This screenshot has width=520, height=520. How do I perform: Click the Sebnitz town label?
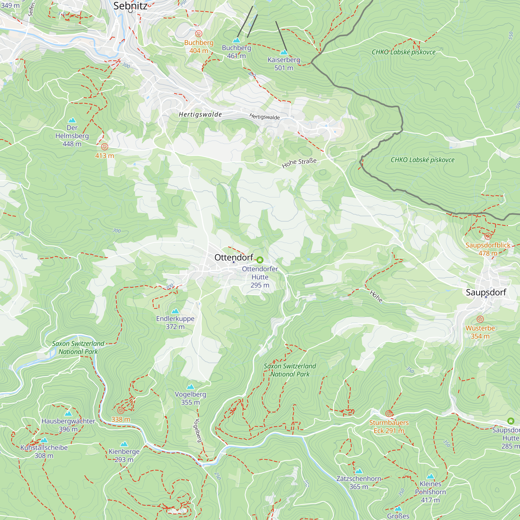(130, 6)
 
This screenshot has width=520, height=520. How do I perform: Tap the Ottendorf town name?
(234, 258)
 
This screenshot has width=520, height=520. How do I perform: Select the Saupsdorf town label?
(486, 292)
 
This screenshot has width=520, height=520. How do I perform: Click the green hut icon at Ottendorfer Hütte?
(260, 260)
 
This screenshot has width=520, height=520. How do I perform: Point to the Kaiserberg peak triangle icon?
(284, 52)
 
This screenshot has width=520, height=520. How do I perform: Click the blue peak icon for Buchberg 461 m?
(236, 40)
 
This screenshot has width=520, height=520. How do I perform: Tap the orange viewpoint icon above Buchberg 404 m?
(199, 34)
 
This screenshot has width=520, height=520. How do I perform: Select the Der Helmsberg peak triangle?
(72, 120)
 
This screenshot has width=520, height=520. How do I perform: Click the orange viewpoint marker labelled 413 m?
(105, 147)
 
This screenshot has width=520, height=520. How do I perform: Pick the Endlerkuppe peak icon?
(175, 311)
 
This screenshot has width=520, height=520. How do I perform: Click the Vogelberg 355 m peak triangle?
(191, 387)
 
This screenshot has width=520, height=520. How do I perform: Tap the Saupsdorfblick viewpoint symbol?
(488, 236)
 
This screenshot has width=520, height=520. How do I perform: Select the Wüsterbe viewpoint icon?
(480, 319)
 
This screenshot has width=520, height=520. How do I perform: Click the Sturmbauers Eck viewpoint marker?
(389, 413)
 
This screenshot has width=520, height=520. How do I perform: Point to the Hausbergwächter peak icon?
(68, 413)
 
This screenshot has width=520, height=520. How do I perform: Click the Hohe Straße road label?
(299, 163)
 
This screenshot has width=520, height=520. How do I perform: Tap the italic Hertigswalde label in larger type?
(200, 115)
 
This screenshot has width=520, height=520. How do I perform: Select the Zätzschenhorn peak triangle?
(359, 471)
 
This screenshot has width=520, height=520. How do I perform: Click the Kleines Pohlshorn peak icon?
(430, 476)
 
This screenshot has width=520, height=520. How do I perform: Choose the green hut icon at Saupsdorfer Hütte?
(511, 421)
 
